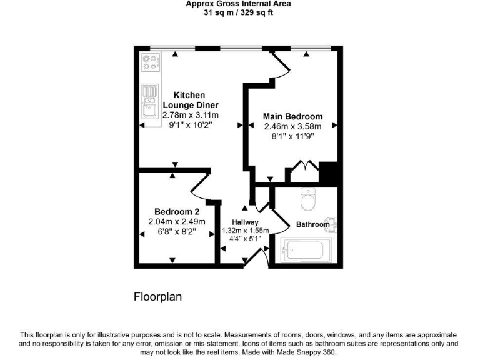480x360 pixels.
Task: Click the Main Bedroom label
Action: [x=292, y=116]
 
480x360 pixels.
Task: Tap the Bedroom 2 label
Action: [x=177, y=212]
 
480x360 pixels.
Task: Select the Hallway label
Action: [x=245, y=222]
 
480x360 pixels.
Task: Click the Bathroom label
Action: [x=312, y=224]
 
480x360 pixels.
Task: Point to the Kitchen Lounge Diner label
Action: [x=191, y=100]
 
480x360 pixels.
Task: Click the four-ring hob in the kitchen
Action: [x=150, y=62]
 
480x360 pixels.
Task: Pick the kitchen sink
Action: [x=149, y=104]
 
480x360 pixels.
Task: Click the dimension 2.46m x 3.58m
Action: [x=292, y=126]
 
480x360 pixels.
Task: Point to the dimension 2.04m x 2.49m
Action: [x=177, y=222]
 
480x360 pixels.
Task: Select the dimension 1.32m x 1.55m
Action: [x=245, y=231]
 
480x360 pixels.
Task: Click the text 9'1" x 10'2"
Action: [x=191, y=124]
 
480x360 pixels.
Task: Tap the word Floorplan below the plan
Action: [x=158, y=297]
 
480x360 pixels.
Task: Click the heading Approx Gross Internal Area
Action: [x=238, y=4]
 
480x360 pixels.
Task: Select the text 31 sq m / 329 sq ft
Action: [x=238, y=12]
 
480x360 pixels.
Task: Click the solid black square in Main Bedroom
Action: [x=328, y=171]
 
